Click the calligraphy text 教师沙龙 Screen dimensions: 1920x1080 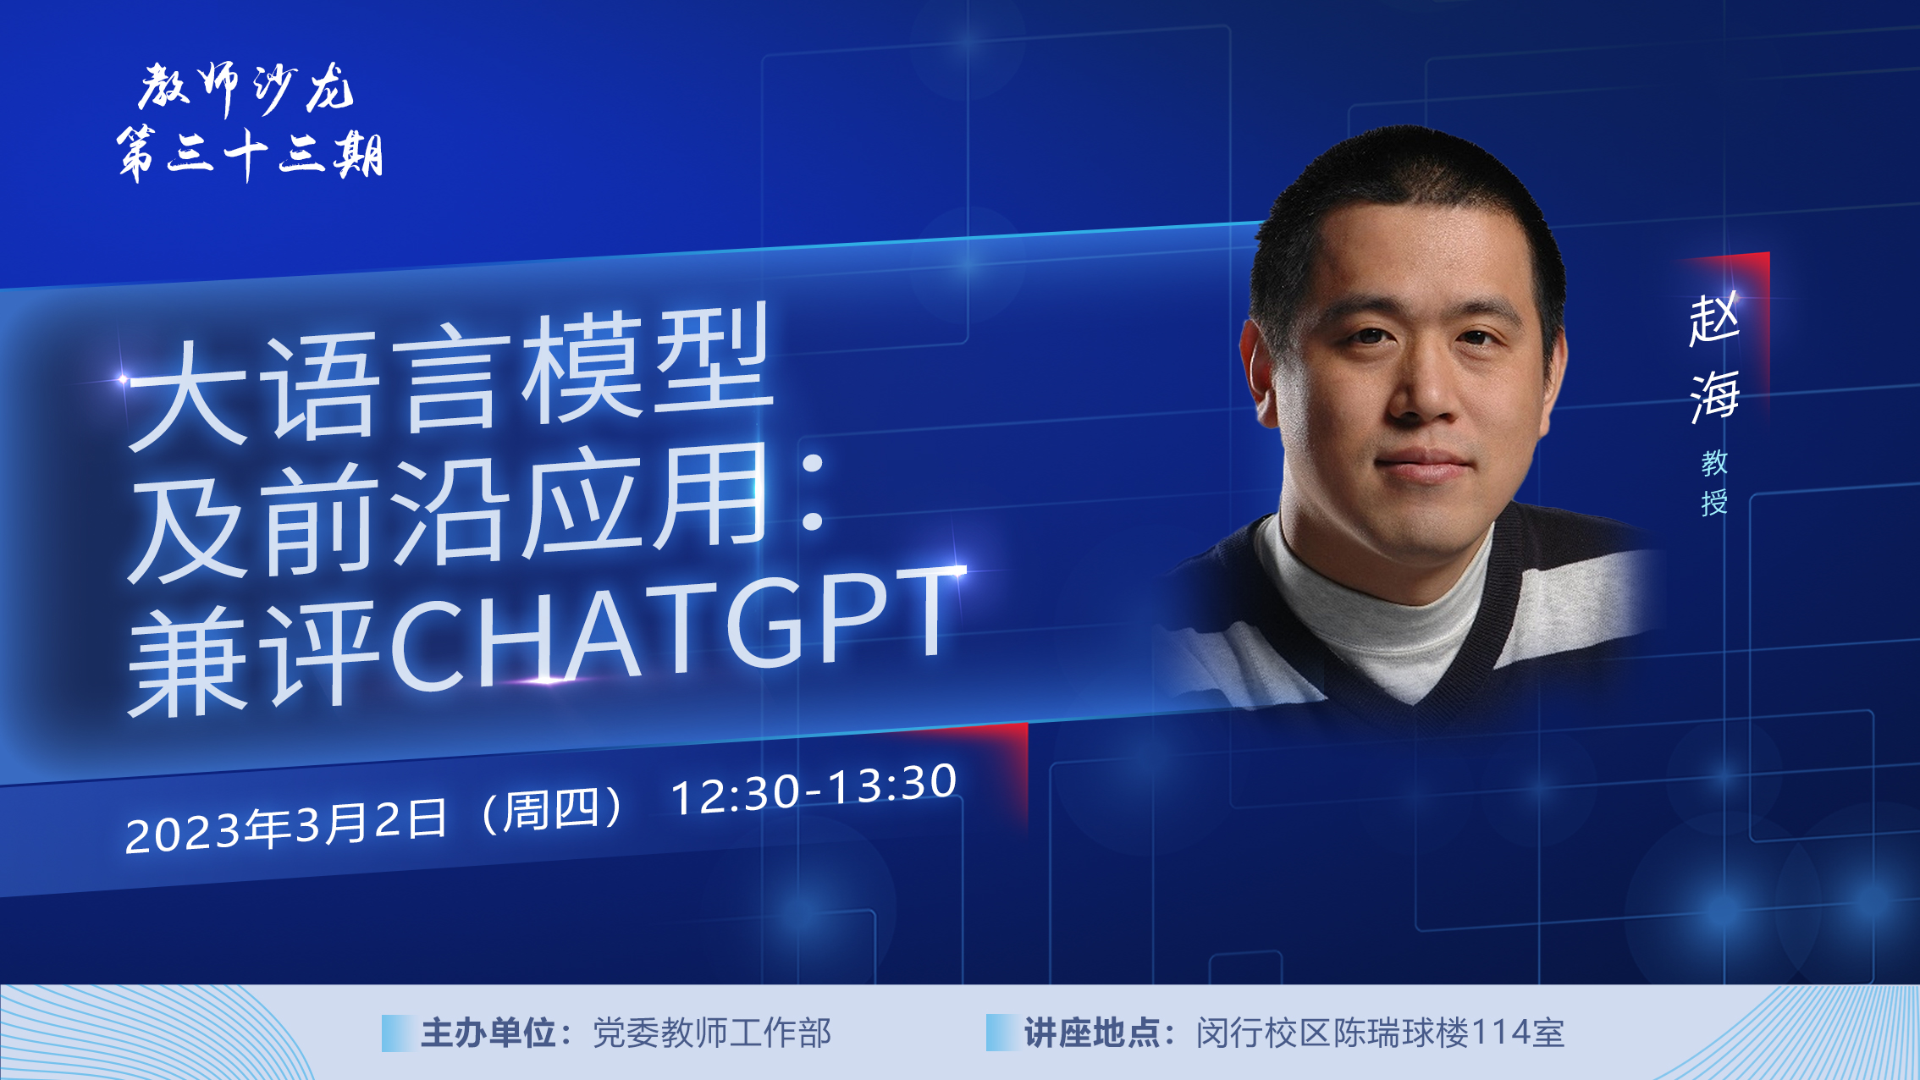point(246,88)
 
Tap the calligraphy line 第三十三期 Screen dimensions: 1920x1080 point(250,154)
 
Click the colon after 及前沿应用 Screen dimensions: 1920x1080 point(812,491)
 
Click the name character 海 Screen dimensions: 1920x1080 point(1714,395)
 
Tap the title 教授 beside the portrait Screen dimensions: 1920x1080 point(1714,482)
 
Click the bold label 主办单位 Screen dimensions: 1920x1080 point(488,1033)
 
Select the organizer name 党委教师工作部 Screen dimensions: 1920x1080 point(712,1033)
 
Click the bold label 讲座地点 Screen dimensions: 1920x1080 point(1091,1033)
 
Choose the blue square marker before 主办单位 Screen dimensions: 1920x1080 point(397,1033)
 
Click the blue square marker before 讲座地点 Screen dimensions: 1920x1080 point(1001,1033)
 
